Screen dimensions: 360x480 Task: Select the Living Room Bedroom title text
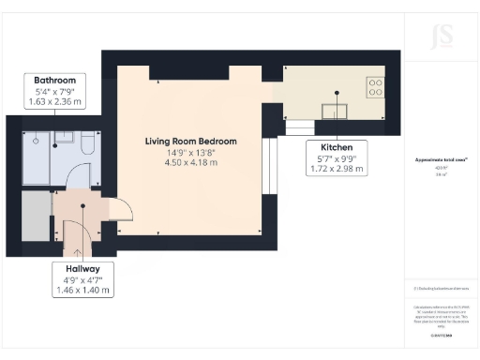click(190, 142)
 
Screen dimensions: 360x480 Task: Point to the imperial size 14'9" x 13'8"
click(190, 153)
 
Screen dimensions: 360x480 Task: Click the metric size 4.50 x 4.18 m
click(190, 163)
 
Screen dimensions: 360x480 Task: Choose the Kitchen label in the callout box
click(337, 148)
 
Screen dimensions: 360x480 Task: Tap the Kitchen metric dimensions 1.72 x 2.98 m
click(337, 171)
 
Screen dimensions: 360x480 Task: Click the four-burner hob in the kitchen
click(375, 86)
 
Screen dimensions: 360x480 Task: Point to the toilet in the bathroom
click(88, 142)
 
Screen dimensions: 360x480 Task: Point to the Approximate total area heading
click(441, 161)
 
